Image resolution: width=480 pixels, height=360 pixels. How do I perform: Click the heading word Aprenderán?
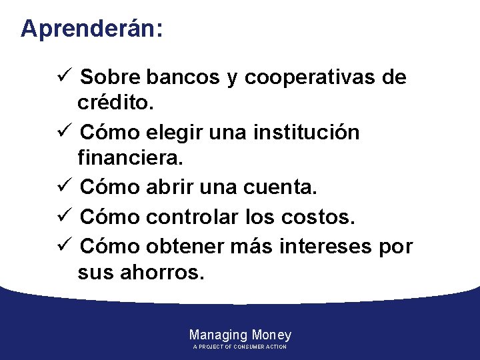pyautogui.click(x=91, y=29)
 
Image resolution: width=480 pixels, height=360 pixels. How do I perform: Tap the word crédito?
pyautogui.click(x=115, y=103)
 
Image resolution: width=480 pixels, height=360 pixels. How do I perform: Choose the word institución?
pyautogui.click(x=306, y=133)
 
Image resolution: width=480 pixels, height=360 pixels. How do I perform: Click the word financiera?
pyautogui.click(x=131, y=159)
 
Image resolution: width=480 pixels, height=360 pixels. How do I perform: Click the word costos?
pyautogui.click(x=323, y=217)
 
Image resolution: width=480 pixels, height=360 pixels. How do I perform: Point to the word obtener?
pyautogui.click(x=184, y=246)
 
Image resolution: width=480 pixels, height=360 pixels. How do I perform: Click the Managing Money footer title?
pyautogui.click(x=240, y=335)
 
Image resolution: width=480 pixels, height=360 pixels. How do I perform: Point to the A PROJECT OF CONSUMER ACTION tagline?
pyautogui.click(x=240, y=347)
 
